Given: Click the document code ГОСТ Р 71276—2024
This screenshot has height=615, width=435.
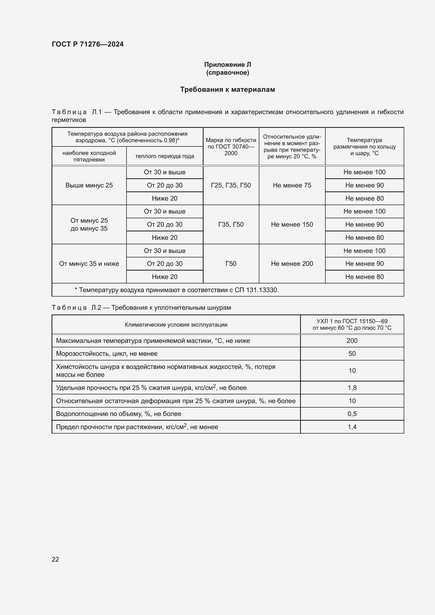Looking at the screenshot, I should [x=88, y=44].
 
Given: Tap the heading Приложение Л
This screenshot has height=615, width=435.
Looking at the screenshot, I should [x=227, y=65].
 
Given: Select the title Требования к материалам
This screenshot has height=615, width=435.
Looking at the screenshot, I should [x=227, y=89].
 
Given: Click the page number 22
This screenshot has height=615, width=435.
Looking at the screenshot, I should [x=55, y=559].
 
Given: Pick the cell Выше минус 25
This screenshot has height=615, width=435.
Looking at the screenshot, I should [x=89, y=185].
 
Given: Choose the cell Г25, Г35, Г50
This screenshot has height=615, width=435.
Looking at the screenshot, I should [x=231, y=185].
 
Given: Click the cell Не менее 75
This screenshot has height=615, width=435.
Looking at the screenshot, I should [x=292, y=185].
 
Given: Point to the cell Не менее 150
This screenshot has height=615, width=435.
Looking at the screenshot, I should [x=292, y=225].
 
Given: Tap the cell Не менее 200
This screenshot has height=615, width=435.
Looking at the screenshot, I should [x=292, y=263].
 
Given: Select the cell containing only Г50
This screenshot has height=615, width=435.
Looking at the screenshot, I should [x=231, y=263].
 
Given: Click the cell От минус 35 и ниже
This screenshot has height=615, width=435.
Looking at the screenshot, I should [x=89, y=263].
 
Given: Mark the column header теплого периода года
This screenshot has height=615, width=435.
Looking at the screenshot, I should [x=164, y=156].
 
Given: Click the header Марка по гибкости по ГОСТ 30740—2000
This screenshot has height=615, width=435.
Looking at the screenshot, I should [x=231, y=146].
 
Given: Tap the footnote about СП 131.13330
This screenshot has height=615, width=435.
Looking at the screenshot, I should [x=177, y=290].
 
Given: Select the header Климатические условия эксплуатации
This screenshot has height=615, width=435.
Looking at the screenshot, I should [x=176, y=325].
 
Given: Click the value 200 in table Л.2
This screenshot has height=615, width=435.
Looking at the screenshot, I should [x=352, y=341].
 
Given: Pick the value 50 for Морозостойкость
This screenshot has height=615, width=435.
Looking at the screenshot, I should [x=352, y=354].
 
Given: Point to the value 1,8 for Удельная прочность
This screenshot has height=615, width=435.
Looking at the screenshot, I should [x=352, y=388].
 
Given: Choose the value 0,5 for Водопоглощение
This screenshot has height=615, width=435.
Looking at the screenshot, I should [x=352, y=414].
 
